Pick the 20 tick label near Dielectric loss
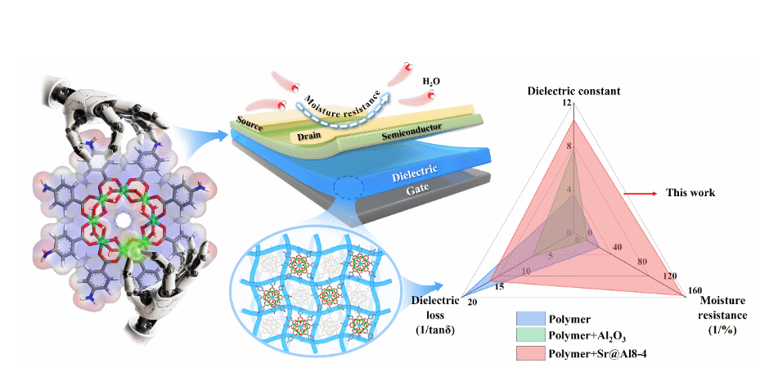[x=472, y=302]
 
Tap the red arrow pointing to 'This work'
[x=641, y=193]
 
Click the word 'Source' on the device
[x=250, y=121]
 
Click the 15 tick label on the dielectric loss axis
[x=501, y=286]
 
